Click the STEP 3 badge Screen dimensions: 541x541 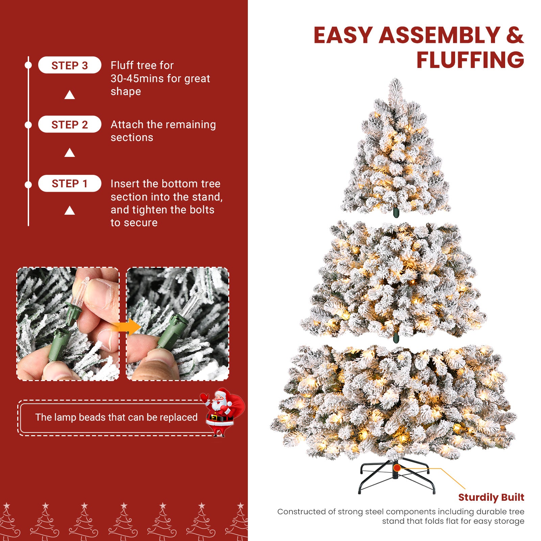click(70, 65)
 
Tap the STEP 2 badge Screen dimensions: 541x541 click(70, 124)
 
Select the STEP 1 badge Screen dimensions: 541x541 click(70, 184)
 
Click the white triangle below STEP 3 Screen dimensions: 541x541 click(70, 95)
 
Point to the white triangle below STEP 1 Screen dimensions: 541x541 click(70, 211)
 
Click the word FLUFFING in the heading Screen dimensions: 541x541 click(470, 60)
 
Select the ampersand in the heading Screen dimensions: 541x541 click(515, 35)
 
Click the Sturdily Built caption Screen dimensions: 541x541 click(491, 497)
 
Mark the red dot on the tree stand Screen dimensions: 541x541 click(397, 468)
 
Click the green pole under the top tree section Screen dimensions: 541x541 click(396, 213)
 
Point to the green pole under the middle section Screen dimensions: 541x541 click(396, 337)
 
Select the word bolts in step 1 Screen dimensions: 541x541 click(202, 210)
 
